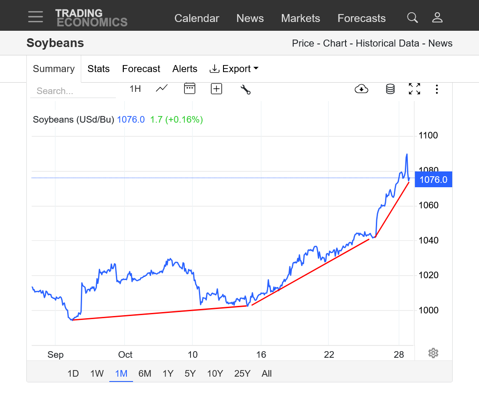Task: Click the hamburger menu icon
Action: coord(36,17)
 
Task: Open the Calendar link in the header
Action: coord(197,18)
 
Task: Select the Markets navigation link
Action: coord(300,18)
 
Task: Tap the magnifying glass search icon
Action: coord(412,18)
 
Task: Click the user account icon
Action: coord(437,18)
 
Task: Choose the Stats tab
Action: coord(98,69)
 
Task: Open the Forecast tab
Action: coord(141,69)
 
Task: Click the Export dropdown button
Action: coord(234,69)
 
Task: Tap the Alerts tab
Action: coord(185,69)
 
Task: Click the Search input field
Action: coord(72,91)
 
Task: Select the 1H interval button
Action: coord(135,89)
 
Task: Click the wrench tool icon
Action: coord(245,89)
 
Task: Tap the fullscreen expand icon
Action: coord(414,89)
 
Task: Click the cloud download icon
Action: coord(361,89)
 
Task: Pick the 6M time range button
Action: coord(144,374)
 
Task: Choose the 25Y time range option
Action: coord(242,374)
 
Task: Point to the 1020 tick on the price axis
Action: coord(428,275)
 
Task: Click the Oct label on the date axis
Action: coord(125,355)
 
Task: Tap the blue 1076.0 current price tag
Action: coord(433,180)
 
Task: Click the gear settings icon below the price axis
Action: coord(433,353)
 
